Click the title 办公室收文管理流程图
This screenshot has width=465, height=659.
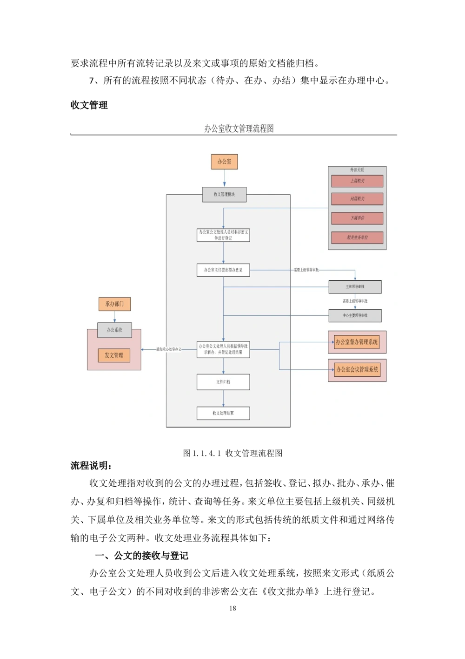point(239,129)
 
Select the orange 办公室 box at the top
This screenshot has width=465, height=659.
point(224,162)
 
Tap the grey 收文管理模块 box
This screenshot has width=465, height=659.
point(224,195)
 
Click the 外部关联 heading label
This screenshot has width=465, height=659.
point(357,170)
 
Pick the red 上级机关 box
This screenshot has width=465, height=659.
point(357,181)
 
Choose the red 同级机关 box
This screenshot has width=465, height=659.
point(357,199)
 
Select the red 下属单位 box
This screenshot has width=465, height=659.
point(357,218)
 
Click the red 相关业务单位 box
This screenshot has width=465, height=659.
point(357,238)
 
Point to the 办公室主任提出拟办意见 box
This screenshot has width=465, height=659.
point(223,270)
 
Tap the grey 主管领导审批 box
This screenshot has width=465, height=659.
point(355,287)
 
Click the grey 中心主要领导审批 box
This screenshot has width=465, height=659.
point(355,316)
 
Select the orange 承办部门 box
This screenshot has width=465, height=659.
point(114,304)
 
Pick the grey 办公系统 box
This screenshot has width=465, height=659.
point(114,330)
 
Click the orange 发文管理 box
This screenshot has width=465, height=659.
point(114,355)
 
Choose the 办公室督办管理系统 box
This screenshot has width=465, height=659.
point(357,342)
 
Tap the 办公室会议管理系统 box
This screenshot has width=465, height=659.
point(357,370)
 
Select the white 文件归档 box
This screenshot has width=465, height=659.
point(223,382)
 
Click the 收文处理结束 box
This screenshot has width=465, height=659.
point(223,413)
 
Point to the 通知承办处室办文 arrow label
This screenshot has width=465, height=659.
point(169,349)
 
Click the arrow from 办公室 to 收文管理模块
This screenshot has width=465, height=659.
point(224,178)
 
